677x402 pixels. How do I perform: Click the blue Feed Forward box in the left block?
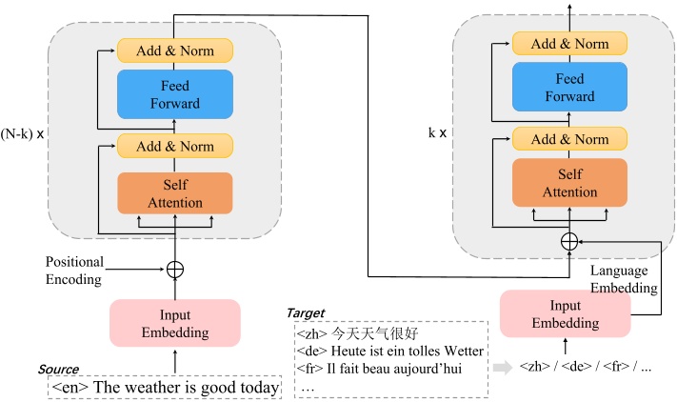[175, 93]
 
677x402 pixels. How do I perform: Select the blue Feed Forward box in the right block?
[570, 88]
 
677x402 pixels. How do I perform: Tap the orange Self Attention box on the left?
[175, 193]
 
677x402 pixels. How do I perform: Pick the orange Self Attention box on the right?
[570, 185]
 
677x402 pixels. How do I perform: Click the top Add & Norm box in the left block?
[175, 50]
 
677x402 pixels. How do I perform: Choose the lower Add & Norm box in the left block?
[175, 146]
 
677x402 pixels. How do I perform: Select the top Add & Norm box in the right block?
[570, 44]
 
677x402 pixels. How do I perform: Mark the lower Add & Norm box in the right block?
[570, 139]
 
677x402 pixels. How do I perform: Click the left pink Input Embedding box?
[175, 324]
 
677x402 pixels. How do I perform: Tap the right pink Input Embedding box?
[566, 313]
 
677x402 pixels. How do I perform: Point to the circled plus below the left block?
[175, 270]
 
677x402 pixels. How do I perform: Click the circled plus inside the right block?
[569, 240]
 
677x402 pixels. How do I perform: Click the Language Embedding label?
[625, 279]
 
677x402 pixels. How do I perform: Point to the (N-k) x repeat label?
[24, 133]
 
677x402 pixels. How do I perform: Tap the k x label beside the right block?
[437, 133]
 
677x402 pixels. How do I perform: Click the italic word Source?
[58, 369]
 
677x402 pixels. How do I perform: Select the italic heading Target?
[306, 312]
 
